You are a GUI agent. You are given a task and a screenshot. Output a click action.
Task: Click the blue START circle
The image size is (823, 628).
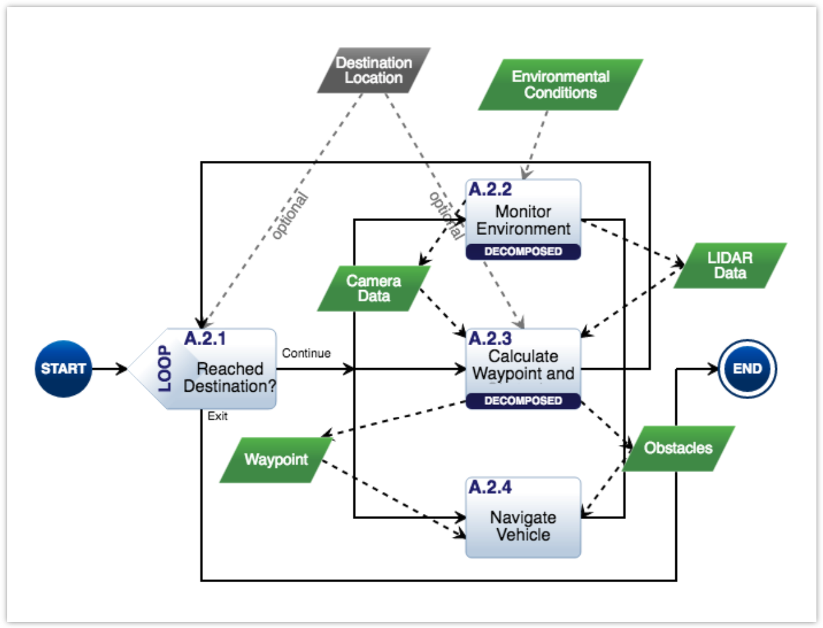(x=63, y=369)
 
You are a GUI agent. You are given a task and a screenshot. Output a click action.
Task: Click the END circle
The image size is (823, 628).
(x=747, y=369)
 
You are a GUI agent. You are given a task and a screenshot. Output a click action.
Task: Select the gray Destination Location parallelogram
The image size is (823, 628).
(x=373, y=70)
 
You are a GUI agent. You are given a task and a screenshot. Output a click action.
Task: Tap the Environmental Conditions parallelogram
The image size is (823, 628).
(x=560, y=85)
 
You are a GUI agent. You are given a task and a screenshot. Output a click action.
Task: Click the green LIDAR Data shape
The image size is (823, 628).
(x=730, y=265)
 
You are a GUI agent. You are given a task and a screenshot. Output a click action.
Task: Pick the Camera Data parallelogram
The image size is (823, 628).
(x=373, y=288)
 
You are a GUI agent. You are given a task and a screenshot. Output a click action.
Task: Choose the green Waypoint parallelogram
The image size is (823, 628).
(x=276, y=459)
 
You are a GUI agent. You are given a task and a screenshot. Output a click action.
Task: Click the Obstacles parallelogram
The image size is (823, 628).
(x=678, y=448)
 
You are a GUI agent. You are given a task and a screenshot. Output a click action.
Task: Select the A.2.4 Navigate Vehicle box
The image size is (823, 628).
(x=523, y=518)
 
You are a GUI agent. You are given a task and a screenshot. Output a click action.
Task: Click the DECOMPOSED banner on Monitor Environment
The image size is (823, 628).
(x=523, y=251)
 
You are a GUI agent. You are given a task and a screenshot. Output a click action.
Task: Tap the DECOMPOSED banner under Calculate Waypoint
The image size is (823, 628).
(x=523, y=400)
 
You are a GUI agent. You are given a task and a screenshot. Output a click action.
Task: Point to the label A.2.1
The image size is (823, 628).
(x=205, y=339)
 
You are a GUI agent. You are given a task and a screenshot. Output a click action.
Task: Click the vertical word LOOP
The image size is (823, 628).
(x=164, y=369)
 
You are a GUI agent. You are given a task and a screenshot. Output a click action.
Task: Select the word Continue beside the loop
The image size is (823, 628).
(x=306, y=353)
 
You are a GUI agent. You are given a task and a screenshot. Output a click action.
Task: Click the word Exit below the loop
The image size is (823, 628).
(x=217, y=416)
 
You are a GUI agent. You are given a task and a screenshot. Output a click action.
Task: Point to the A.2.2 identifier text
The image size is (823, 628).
(x=490, y=190)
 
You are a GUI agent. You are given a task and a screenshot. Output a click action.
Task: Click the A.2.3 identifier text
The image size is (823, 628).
(x=490, y=339)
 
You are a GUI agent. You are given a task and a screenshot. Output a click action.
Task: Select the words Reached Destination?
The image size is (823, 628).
(x=230, y=377)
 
